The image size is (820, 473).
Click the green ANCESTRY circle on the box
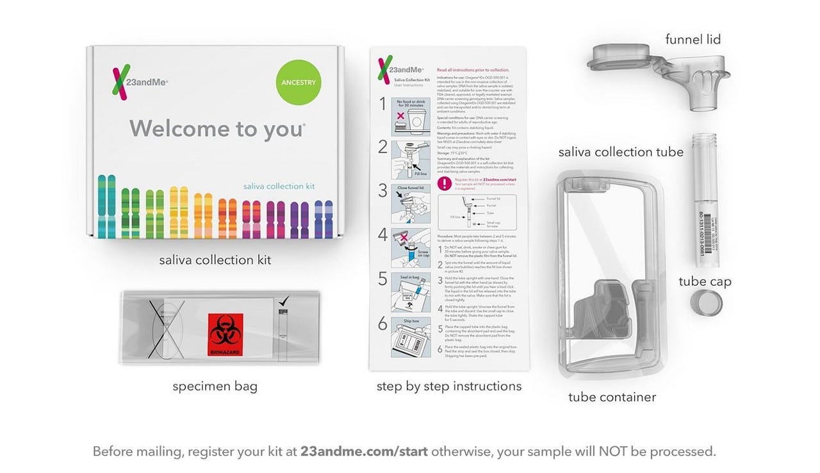299,82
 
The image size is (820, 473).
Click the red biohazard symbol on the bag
225,334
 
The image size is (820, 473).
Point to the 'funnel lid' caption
693,40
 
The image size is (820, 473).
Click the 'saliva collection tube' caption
621,152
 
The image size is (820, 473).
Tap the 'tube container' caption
612,397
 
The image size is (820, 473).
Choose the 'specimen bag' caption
215,386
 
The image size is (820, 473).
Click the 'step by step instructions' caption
448,386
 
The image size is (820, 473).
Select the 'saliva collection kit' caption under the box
215,260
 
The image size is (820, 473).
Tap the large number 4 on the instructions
382,235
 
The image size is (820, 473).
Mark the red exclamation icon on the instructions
445,184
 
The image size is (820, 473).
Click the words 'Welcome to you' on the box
217,128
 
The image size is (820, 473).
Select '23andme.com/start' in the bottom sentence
364,451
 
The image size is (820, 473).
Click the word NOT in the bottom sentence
613,451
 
